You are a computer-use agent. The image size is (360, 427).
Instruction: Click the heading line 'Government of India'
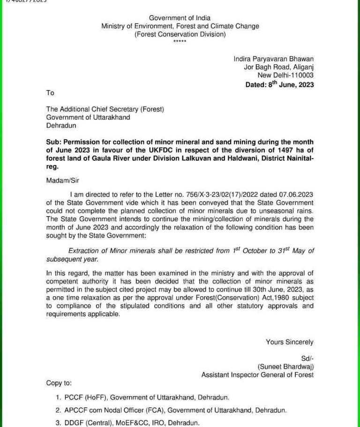(180, 18)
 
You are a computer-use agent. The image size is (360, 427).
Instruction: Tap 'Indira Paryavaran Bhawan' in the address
(274, 59)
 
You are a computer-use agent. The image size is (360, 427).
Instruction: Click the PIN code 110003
(301, 75)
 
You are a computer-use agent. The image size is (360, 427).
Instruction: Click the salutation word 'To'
(50, 93)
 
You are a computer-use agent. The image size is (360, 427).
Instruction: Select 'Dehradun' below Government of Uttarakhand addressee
(61, 126)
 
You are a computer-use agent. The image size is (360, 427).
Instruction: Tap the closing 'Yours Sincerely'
(290, 342)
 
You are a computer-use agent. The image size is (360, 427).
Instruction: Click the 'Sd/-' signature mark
(308, 359)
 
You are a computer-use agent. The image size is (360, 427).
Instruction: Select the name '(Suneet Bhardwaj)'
(285, 367)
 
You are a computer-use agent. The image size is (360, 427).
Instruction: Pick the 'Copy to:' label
(59, 383)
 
